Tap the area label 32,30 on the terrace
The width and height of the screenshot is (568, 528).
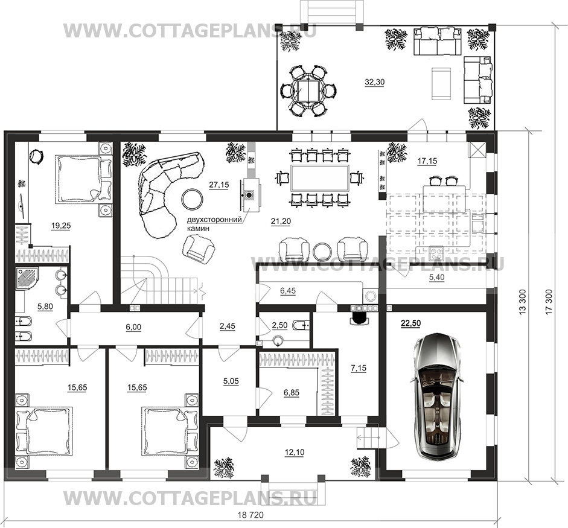375,82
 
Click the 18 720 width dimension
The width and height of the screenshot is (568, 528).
250,515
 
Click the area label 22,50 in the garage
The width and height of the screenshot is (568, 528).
411,323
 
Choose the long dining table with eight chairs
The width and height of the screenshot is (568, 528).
320,178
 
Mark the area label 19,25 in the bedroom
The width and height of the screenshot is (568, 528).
61,226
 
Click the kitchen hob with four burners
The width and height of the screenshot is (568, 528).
436,253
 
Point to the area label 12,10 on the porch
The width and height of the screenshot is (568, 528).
295,453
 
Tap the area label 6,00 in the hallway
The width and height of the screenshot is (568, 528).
133,328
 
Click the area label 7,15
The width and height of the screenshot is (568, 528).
359,368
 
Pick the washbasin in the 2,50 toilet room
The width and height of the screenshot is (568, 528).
278,341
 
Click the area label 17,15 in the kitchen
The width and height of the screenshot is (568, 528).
427,161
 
